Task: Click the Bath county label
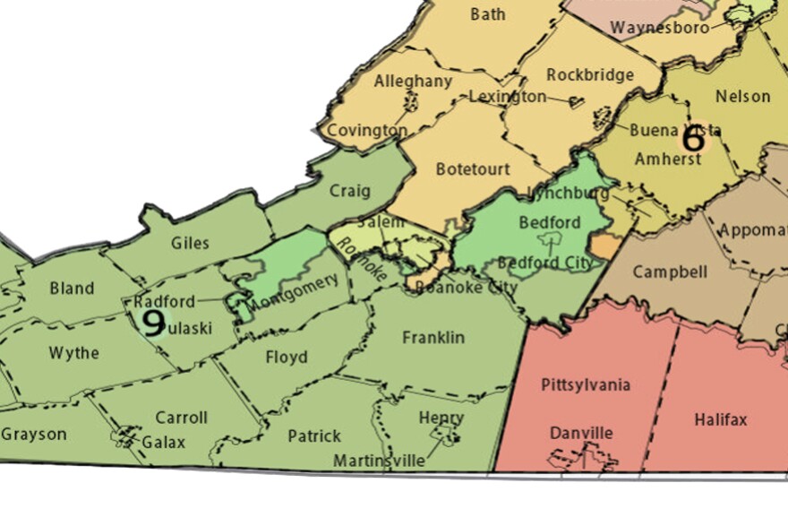tap(487, 14)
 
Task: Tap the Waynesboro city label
tap(659, 28)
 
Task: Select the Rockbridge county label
tap(589, 74)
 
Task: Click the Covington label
tap(367, 131)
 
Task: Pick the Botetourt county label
tap(473, 168)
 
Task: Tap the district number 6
tap(693, 139)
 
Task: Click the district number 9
tap(153, 323)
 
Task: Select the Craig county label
tap(349, 191)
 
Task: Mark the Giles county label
tap(190, 243)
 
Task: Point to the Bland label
tap(72, 289)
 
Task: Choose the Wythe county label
tap(74, 353)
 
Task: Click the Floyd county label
tap(287, 358)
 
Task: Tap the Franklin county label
tap(433, 338)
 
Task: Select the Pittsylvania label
tap(586, 385)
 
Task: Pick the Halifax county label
tap(720, 419)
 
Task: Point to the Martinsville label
tap(379, 461)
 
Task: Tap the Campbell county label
tap(670, 272)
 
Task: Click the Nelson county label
tap(742, 96)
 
